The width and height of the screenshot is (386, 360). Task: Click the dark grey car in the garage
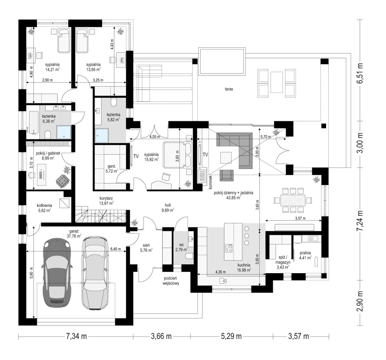point(57,273)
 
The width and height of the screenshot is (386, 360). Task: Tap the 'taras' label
point(229,89)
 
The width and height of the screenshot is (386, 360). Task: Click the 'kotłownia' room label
point(44,205)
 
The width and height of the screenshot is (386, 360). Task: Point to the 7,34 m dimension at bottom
point(76,336)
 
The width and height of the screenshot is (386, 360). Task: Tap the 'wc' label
point(181,245)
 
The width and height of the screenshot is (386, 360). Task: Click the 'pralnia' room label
point(305,253)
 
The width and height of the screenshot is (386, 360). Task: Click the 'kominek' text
point(210,183)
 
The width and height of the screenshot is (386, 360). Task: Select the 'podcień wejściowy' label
point(171,281)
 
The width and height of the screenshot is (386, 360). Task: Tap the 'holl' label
point(168,205)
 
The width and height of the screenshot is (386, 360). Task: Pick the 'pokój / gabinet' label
point(48,153)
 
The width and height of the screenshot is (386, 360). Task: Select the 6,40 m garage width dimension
point(116,249)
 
